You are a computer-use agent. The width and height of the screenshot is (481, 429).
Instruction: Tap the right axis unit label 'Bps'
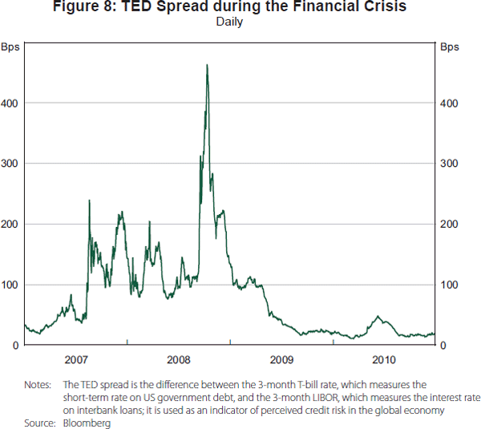[450, 46]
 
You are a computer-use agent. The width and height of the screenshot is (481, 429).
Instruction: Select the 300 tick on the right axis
[451, 164]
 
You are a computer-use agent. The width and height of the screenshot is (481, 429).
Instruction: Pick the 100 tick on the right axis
[451, 285]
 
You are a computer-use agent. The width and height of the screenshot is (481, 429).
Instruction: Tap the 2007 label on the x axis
[75, 358]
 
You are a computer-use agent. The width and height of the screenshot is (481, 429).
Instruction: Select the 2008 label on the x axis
[178, 358]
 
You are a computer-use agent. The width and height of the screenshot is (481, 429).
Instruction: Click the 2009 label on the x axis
[281, 358]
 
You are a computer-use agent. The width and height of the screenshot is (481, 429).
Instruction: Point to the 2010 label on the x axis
[384, 358]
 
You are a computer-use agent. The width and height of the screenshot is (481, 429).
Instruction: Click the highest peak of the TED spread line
[207, 65]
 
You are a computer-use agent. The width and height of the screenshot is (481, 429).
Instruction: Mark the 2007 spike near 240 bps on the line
[89, 200]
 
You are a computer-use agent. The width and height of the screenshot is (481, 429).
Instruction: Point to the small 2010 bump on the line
[378, 317]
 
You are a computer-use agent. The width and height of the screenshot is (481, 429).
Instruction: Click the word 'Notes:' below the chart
[38, 385]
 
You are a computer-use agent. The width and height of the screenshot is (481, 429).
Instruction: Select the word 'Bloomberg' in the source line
[87, 423]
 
